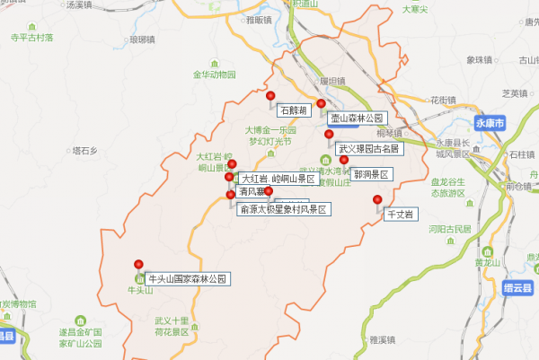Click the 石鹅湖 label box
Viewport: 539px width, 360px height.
pos(294,110)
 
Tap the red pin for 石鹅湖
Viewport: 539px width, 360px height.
pos(270,95)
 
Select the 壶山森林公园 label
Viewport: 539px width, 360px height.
pos(357,118)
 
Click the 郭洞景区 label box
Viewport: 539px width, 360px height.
pos(370,173)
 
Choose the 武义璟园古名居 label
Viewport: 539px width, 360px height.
pos(369,149)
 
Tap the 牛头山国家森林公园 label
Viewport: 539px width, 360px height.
pos(188,279)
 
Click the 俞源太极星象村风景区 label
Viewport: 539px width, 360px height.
pos(284,208)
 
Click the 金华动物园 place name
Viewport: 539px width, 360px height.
pos(214,75)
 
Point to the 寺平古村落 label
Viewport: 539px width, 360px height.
pos(31,39)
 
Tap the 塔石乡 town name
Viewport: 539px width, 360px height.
pos(84,151)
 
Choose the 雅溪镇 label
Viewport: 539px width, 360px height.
pos(382,340)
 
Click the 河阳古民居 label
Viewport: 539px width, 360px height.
pos(450,229)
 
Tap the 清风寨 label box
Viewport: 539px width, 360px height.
pos(250,191)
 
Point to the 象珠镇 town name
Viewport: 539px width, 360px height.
pos(481,60)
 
